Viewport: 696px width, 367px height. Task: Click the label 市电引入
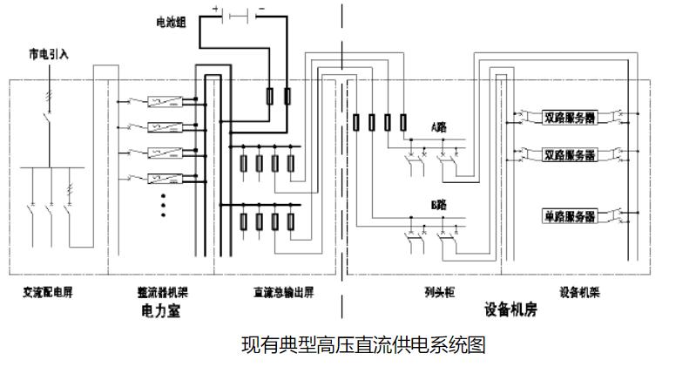[48, 54]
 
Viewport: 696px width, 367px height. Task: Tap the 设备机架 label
[577, 292]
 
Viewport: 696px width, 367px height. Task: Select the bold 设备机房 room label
[508, 309]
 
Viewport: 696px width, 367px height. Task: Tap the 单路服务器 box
[571, 215]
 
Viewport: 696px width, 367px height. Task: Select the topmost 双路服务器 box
[571, 117]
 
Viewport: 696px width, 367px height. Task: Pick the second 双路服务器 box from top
[571, 155]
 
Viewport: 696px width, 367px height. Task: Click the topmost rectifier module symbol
[164, 100]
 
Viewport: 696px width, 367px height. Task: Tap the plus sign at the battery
[215, 8]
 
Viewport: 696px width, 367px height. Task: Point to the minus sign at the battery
[260, 8]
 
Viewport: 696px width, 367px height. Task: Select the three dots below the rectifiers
[164, 205]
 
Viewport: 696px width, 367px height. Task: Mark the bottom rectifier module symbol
[164, 179]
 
